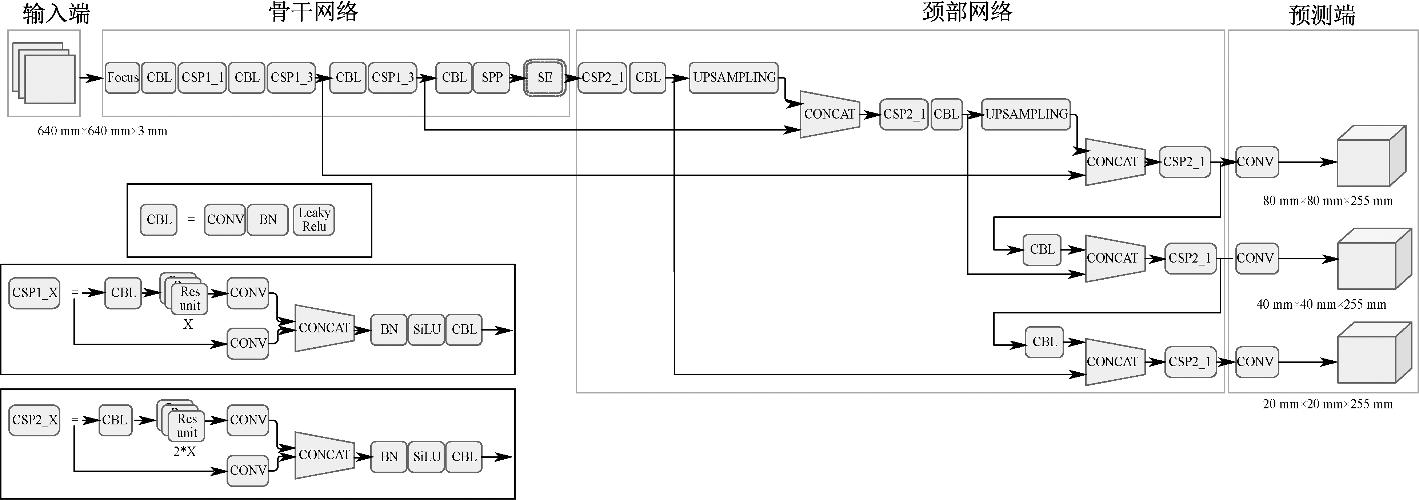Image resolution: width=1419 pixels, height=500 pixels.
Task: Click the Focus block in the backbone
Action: [x=122, y=78]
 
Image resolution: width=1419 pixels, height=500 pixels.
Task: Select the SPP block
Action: [x=491, y=78]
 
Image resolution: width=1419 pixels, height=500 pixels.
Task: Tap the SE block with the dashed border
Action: [x=544, y=78]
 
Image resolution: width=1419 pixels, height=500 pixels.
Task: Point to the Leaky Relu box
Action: [x=314, y=220]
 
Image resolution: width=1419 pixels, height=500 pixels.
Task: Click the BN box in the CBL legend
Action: [x=268, y=220]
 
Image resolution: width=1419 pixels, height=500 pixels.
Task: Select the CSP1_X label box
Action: [x=35, y=293]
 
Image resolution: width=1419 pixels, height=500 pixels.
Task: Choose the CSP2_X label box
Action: [x=35, y=420]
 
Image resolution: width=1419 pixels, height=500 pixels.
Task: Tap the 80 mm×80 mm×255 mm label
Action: [x=1328, y=201]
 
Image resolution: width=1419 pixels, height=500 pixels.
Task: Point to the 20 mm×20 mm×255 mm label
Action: [x=1328, y=404]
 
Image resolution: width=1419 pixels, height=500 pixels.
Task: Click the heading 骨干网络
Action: [x=313, y=12]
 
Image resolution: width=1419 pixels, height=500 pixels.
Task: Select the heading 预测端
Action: [x=1322, y=15]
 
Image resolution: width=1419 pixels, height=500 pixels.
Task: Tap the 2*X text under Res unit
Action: [x=184, y=452]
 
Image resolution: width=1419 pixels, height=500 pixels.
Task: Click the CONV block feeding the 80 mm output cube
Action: [x=1256, y=162]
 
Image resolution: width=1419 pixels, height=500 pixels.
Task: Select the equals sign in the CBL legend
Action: [x=191, y=220]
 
